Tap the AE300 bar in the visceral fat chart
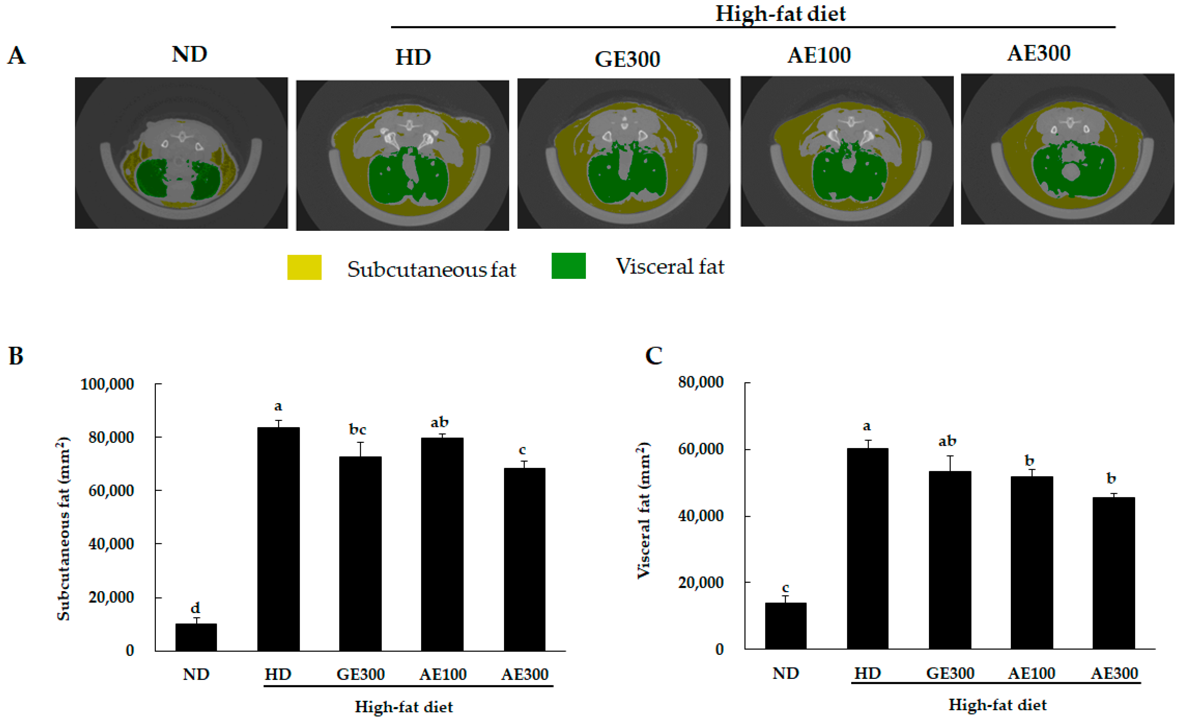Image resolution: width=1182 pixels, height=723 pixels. (1114, 573)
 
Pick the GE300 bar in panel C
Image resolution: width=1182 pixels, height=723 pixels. (950, 560)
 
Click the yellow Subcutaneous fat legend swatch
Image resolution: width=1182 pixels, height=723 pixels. (304, 267)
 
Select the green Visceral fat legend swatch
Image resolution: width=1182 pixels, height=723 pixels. (568, 266)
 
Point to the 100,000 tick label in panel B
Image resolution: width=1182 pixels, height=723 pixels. (107, 384)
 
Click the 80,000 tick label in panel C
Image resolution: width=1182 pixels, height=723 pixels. (700, 382)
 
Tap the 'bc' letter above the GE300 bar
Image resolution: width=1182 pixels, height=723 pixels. (357, 429)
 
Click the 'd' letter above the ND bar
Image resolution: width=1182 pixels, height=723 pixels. (195, 608)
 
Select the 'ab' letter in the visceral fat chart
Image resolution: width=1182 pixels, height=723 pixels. (947, 441)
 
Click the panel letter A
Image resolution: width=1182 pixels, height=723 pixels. (16, 55)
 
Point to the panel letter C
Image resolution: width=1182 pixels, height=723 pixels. (653, 356)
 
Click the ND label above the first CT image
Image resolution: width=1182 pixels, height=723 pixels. (189, 54)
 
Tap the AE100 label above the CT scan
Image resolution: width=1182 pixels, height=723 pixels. (819, 55)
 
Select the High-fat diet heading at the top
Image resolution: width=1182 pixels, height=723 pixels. (780, 13)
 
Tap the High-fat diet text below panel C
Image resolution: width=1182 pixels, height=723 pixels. (997, 705)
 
